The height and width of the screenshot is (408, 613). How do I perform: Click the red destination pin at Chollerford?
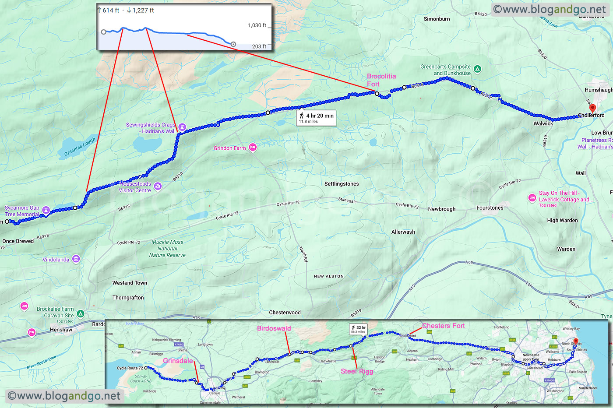(x=592, y=108)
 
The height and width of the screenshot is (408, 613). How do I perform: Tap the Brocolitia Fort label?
(x=381, y=80)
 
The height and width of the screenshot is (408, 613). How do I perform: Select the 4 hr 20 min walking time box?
(x=316, y=117)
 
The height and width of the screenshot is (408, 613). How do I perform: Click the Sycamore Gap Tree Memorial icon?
(x=46, y=210)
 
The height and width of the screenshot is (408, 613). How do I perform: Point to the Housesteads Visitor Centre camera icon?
(x=158, y=186)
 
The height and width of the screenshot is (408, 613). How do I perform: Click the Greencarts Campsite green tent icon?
(x=478, y=69)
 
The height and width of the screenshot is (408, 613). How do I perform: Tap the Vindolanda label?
(x=56, y=260)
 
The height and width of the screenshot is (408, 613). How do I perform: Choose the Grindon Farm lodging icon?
(x=253, y=148)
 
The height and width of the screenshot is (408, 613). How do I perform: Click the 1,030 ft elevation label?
(x=257, y=25)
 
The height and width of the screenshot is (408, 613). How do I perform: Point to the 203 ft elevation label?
(x=259, y=46)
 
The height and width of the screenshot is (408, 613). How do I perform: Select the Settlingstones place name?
(x=342, y=184)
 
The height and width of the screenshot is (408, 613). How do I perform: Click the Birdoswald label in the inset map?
(x=274, y=328)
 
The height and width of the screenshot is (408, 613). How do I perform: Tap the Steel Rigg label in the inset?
(x=357, y=371)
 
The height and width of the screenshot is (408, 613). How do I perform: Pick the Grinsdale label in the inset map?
(x=178, y=361)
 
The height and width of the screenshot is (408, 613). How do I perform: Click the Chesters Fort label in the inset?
(x=443, y=326)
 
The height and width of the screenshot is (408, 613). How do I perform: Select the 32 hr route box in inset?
(x=358, y=329)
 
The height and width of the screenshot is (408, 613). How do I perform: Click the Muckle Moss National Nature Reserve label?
(x=167, y=248)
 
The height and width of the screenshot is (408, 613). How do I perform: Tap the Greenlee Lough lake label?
(x=80, y=147)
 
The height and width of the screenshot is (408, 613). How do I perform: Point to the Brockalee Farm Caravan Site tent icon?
(x=81, y=313)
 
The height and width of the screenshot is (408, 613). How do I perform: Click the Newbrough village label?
(x=441, y=209)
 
